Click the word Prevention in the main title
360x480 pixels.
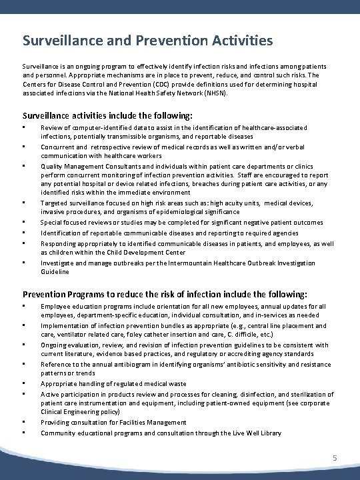click(168, 41)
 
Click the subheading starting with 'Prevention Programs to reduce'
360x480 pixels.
click(165, 293)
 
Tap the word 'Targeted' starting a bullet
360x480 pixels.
click(54, 202)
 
